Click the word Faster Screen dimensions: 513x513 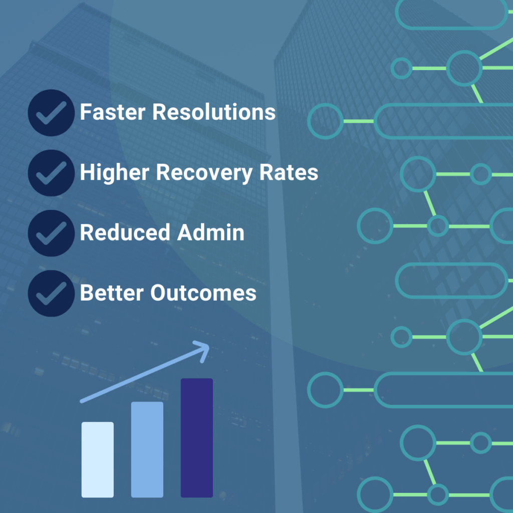coord(113,112)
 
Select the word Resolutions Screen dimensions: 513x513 coord(214,112)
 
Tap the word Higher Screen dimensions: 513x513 coord(115,173)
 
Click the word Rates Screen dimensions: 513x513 coord(289,172)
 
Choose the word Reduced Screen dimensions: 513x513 coord(125,232)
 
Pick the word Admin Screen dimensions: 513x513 coord(211,232)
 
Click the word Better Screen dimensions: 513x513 coord(112,293)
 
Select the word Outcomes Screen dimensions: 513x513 coord(203,293)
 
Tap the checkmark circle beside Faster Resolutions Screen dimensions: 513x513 coord(52,113)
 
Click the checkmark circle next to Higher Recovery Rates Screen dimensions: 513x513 coord(52,173)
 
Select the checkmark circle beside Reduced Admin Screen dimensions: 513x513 coord(52,233)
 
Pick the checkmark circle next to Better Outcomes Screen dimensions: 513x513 coord(52,294)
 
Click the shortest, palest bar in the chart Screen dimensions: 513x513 coord(98,460)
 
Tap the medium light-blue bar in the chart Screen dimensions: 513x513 coord(147,449)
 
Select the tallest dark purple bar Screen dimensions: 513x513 coord(197,438)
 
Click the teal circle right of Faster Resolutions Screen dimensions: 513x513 coord(308,121)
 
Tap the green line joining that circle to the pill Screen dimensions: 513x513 coord(359,121)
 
